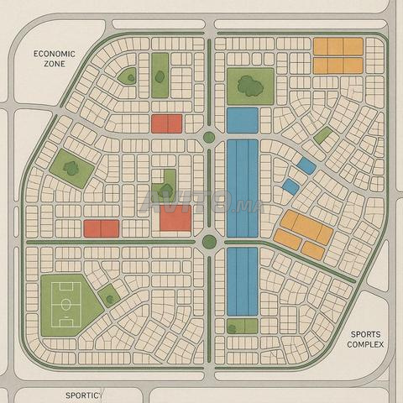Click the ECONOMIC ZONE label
(x=54, y=58)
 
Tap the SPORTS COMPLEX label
(x=365, y=338)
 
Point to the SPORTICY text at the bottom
(x=83, y=394)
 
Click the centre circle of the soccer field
(x=64, y=303)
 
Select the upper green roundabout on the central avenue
(x=209, y=138)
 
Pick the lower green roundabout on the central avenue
(x=209, y=243)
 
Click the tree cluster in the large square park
(x=249, y=83)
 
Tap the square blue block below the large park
(x=242, y=119)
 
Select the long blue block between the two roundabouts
(x=242, y=187)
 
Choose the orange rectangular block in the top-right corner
(x=338, y=55)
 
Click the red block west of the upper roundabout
(x=166, y=123)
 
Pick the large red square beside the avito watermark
(x=175, y=218)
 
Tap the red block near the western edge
(x=101, y=228)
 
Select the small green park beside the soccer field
(x=108, y=296)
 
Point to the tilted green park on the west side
(x=71, y=167)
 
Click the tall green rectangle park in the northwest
(x=160, y=76)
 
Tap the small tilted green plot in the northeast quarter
(x=322, y=134)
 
